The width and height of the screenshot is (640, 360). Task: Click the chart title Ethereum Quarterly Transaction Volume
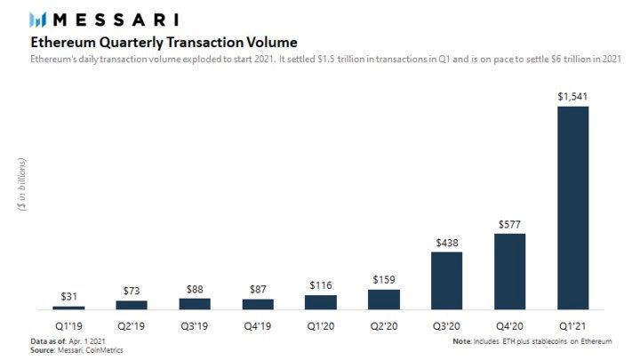point(164,43)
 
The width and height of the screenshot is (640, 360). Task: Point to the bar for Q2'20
point(383,299)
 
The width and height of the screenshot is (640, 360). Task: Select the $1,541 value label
point(572,95)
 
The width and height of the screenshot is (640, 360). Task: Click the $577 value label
point(509,223)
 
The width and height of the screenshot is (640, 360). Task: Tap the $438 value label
point(446,242)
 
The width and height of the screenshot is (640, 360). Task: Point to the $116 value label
point(320,284)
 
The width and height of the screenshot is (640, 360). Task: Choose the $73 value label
point(132,290)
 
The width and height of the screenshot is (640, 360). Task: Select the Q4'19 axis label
point(258,324)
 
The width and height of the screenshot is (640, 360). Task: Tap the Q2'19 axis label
point(132,324)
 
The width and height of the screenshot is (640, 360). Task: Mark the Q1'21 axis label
point(572,324)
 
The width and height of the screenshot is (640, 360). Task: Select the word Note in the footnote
point(461,340)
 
